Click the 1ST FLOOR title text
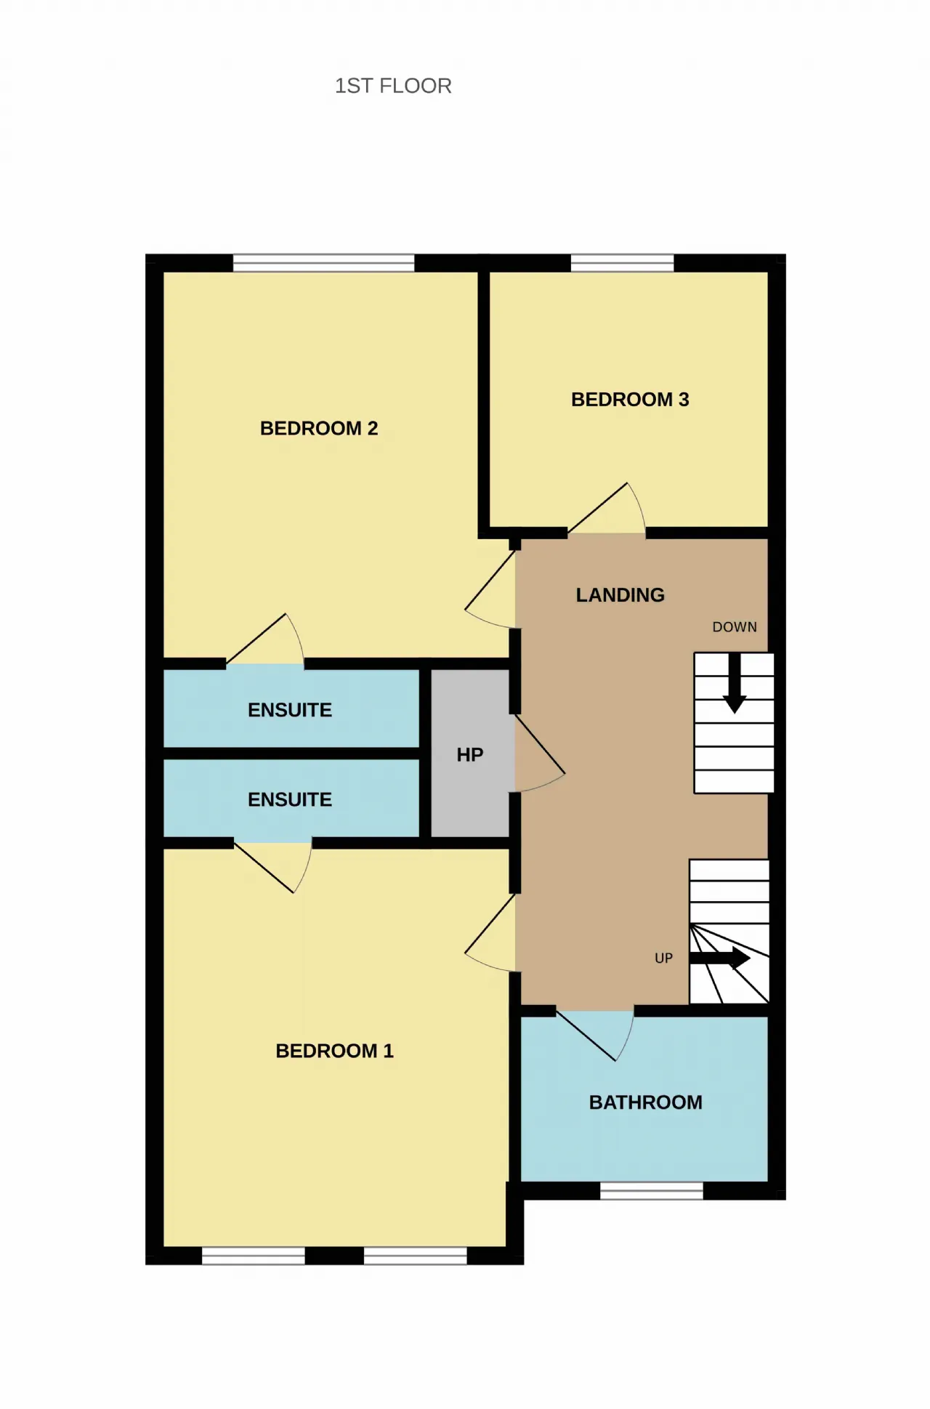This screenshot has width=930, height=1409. point(393,86)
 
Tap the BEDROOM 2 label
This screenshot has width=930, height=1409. point(319,428)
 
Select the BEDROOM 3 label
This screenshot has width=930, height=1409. point(630,399)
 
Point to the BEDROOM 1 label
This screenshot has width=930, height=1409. point(334,1051)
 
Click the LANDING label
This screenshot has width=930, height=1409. point(620,595)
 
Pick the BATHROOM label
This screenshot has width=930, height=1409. point(645,1102)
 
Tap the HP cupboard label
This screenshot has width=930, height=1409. point(469,755)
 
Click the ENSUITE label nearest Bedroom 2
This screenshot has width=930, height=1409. point(289,710)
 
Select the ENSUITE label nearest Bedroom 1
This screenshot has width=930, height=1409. point(289,799)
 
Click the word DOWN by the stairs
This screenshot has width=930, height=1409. point(735,627)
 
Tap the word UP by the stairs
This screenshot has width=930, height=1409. point(663,958)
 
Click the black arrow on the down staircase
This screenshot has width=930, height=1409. point(735,683)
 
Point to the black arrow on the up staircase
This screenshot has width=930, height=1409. point(719,958)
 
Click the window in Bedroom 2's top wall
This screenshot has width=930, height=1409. point(323,263)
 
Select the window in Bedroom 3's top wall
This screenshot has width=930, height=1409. point(622,263)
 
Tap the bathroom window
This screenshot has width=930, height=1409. point(652,1191)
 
